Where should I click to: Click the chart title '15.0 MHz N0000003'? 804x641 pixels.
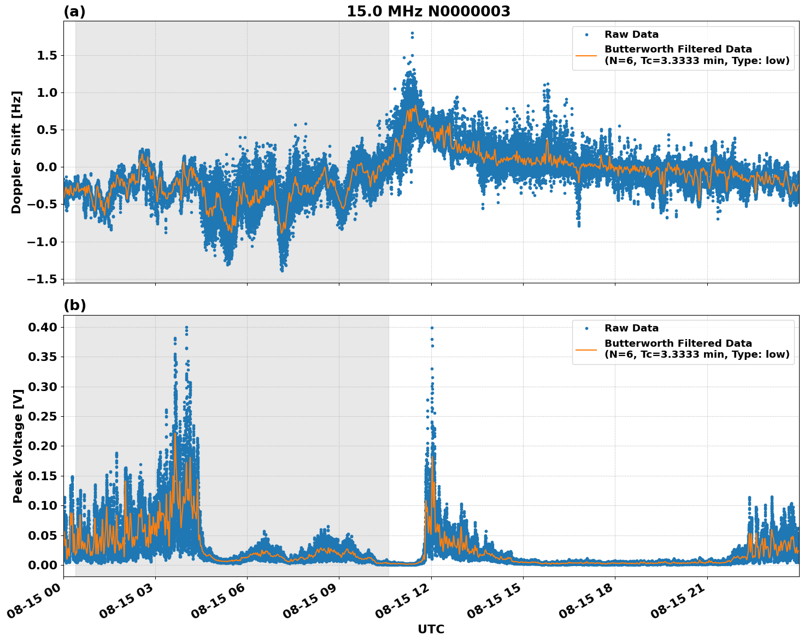coord(428,11)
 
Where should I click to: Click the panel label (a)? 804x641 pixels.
coord(74,11)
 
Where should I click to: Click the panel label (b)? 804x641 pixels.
coord(74,305)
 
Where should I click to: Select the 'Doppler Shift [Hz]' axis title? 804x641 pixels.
coord(16,152)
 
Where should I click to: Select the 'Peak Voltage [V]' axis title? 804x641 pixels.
coord(18,446)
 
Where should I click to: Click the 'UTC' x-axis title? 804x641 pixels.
coord(431,629)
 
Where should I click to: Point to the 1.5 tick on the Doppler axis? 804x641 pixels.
coord(46,55)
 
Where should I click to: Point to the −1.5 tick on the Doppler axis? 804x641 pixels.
coord(43,279)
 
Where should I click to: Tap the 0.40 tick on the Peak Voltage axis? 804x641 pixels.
coord(43,327)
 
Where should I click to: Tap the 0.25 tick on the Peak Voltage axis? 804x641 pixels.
coord(43,416)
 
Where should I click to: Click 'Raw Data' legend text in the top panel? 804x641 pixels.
coord(631,34)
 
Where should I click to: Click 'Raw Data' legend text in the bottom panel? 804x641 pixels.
coord(631,328)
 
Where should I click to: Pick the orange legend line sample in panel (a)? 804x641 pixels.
coord(586,55)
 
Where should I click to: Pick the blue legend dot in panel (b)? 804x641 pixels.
coord(586,328)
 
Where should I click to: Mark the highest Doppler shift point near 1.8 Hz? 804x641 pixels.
coord(412,33)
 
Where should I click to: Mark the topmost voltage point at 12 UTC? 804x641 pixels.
coord(432,328)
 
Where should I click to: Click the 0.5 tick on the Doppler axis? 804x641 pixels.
coord(46,130)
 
